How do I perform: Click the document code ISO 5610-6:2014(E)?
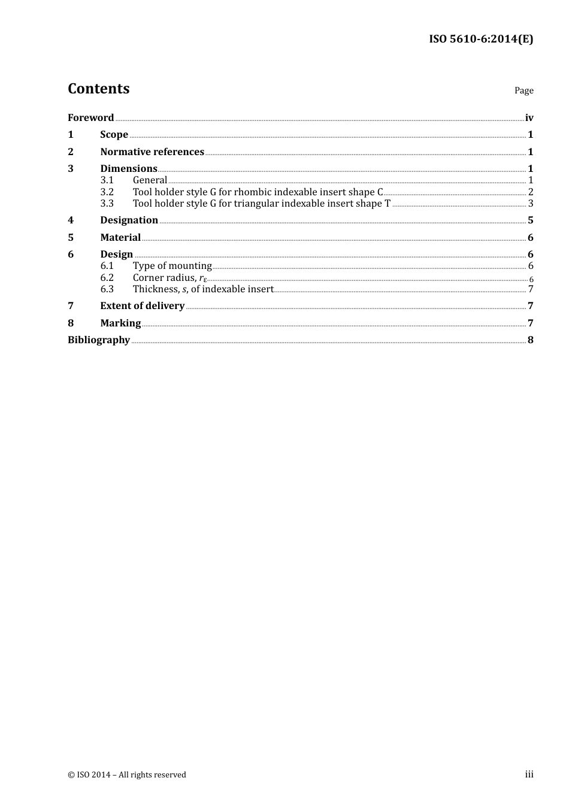click(481, 39)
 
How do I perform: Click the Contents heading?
click(98, 89)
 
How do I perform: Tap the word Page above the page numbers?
click(523, 90)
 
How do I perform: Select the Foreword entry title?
click(90, 117)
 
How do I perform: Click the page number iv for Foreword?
click(529, 117)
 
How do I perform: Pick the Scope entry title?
click(114, 134)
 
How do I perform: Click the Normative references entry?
click(152, 152)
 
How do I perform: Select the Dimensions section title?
click(128, 168)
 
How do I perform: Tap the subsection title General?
click(150, 180)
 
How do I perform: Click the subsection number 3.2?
click(107, 192)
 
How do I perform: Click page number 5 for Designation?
click(530, 220)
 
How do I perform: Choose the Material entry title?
click(120, 237)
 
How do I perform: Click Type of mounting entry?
click(172, 265)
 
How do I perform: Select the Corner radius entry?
click(170, 277)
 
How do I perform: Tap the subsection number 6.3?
click(107, 289)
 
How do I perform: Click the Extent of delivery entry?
click(142, 305)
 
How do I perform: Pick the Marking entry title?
click(120, 323)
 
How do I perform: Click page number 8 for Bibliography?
click(530, 340)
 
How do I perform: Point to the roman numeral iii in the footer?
click(529, 774)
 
